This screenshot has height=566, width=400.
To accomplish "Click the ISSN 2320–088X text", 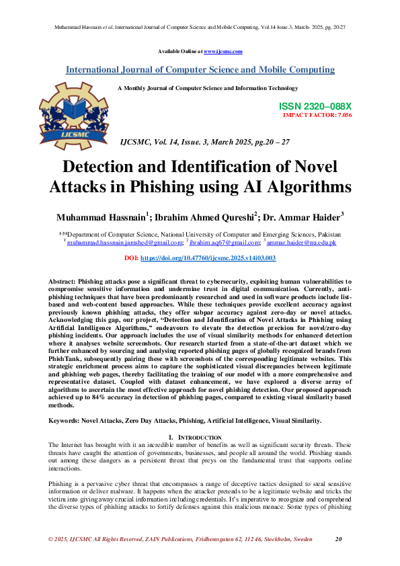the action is coord(315,107).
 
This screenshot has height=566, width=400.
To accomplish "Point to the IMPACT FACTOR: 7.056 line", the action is coord(317,115).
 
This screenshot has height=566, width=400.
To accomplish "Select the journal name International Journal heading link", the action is coord(200,70).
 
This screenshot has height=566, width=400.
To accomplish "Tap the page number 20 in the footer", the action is coord(339,539).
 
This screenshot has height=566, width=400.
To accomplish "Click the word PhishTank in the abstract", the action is coord(65,359).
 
